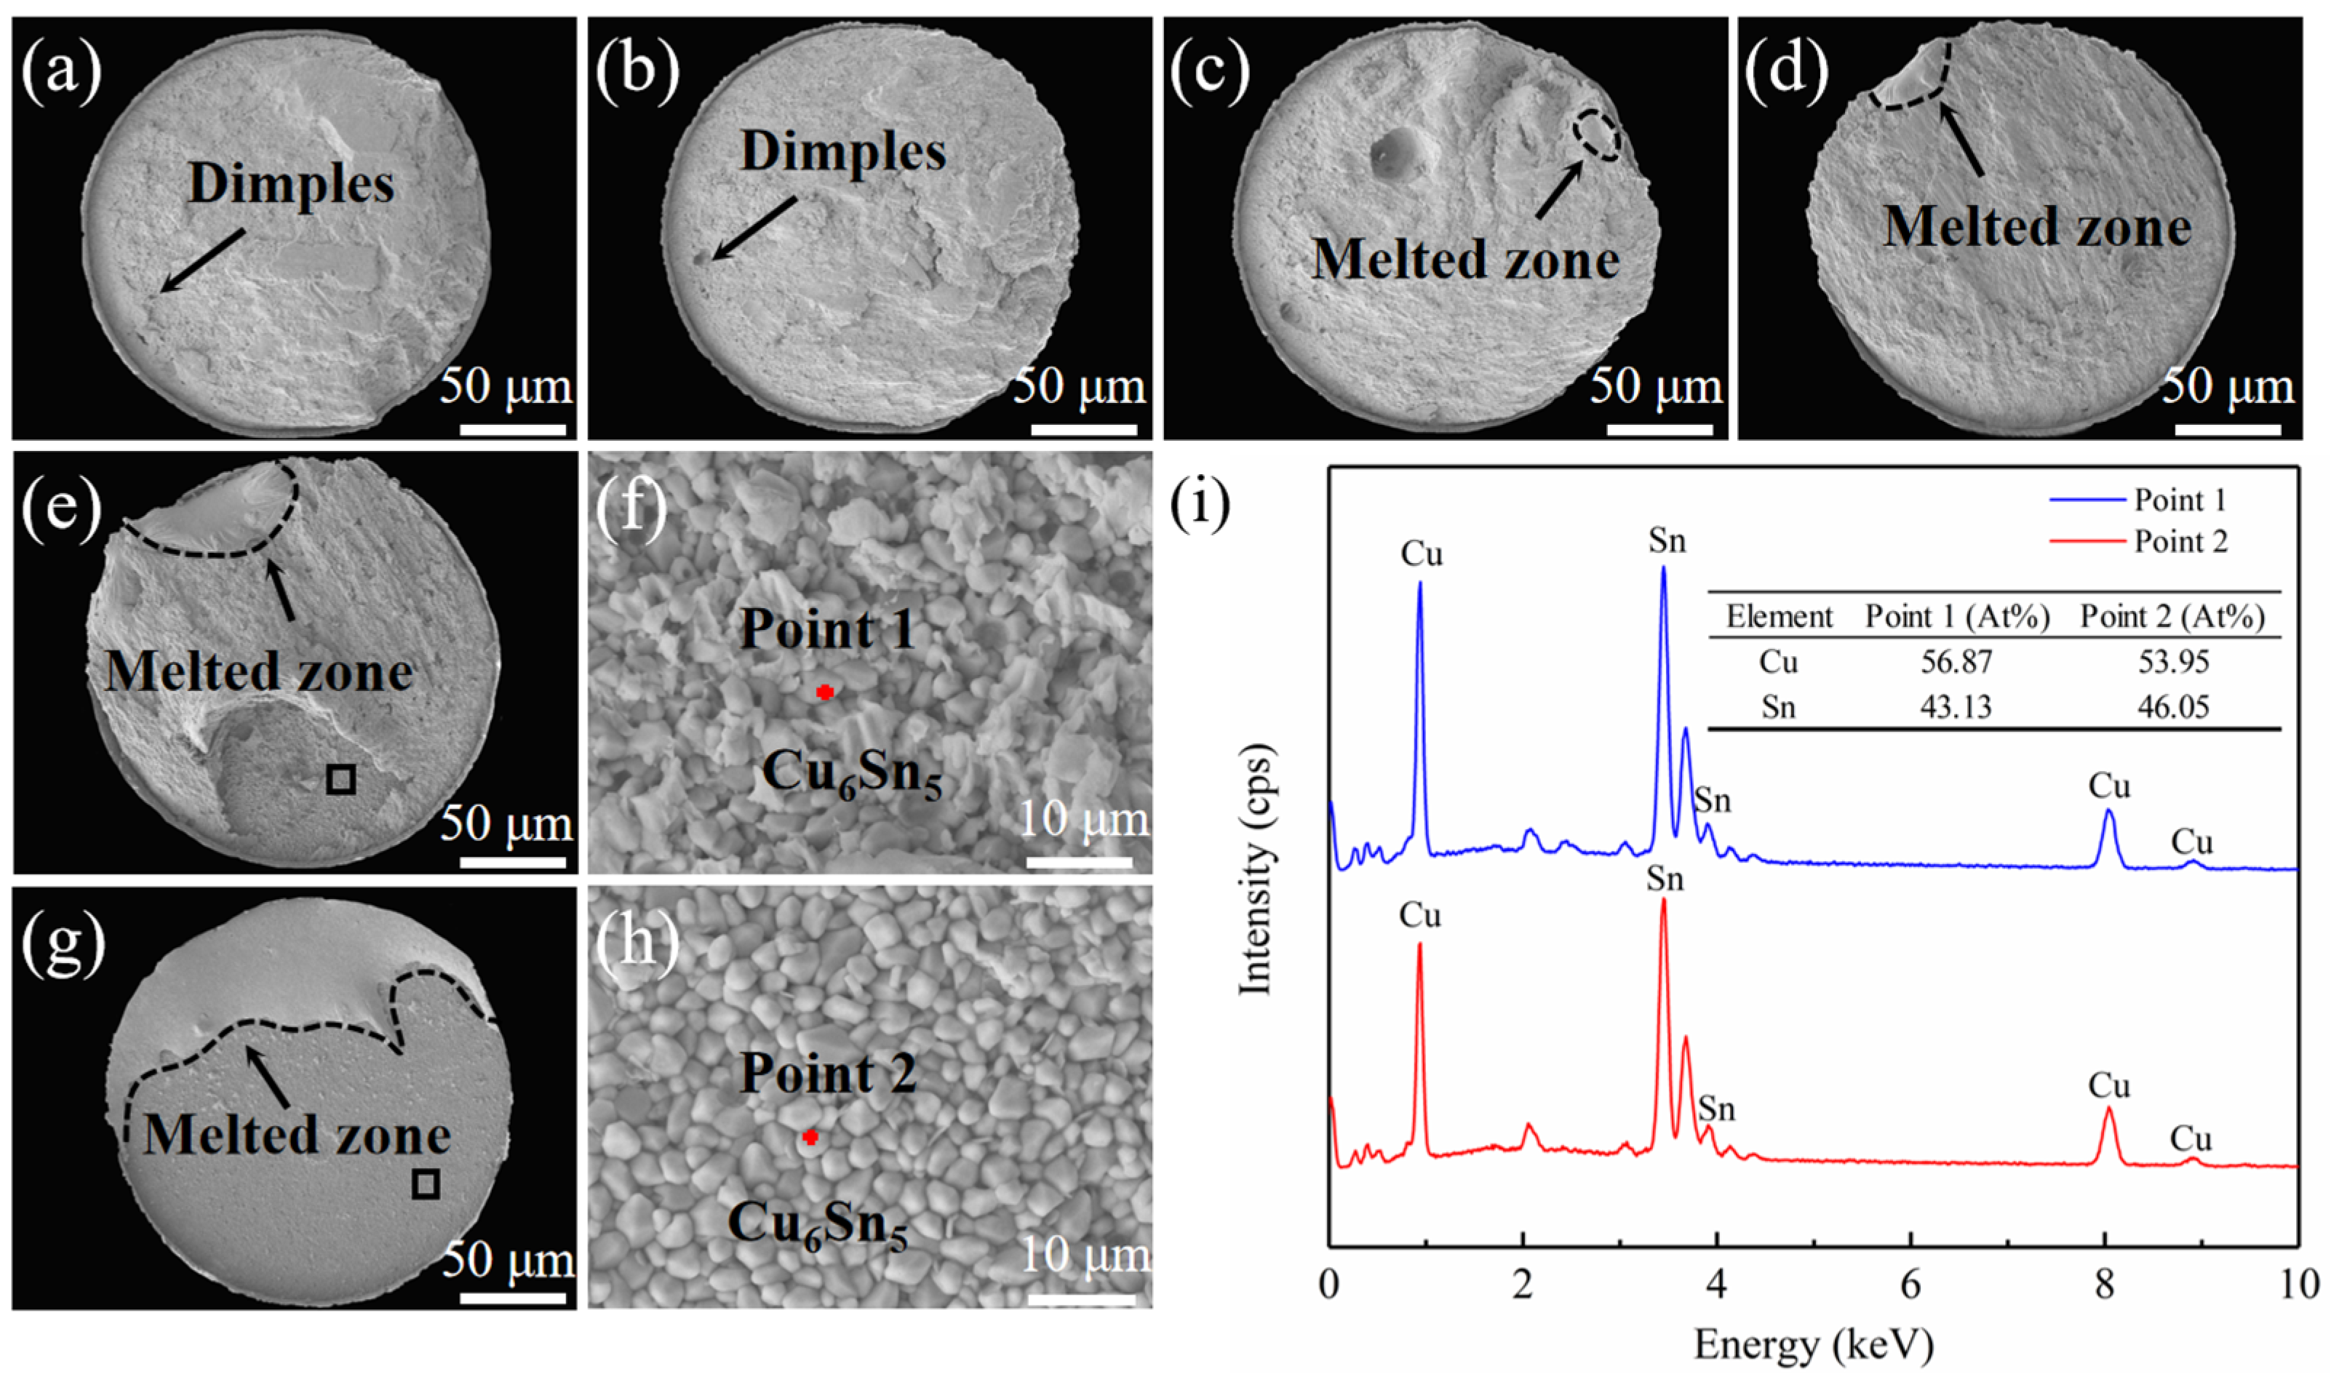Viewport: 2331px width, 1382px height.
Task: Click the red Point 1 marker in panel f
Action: click(824, 692)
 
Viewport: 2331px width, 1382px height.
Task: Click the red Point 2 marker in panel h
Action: click(811, 1137)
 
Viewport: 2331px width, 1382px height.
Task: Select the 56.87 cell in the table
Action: click(1956, 662)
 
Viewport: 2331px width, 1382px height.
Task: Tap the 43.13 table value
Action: click(1956, 707)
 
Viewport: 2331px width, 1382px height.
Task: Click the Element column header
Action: click(1779, 617)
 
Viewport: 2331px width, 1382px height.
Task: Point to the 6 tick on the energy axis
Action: click(1910, 1285)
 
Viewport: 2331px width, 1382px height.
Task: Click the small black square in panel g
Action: click(426, 1183)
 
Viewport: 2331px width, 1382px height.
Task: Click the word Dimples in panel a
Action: click(292, 183)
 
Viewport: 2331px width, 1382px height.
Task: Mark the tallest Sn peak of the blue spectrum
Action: click(1663, 570)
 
